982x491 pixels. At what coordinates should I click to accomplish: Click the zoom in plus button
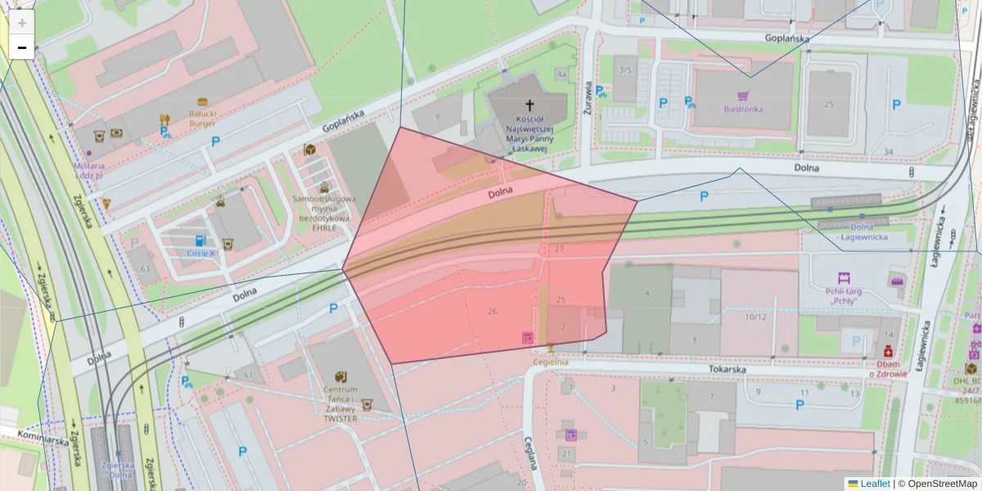click(22, 23)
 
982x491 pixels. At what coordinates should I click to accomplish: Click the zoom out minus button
click(22, 47)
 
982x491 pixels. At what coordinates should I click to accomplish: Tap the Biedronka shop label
click(743, 109)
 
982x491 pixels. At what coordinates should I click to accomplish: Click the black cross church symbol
click(529, 105)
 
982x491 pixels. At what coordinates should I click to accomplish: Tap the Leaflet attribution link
click(874, 484)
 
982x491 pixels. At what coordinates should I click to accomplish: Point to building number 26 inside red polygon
click(492, 311)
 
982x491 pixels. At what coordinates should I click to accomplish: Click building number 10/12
click(756, 317)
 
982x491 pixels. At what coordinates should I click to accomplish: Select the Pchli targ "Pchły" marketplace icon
click(844, 278)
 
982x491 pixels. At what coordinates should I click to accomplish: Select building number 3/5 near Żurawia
click(626, 70)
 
